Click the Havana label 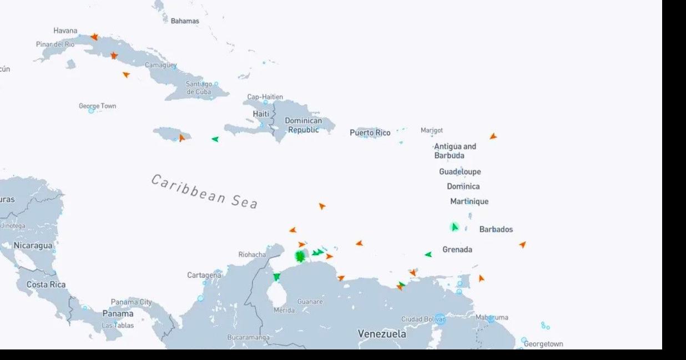(x=65, y=31)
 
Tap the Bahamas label (x=184, y=21)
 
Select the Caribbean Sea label (x=204, y=191)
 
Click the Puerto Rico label (x=370, y=133)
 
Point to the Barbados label (x=496, y=229)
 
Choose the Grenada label (x=457, y=250)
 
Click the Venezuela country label (x=381, y=334)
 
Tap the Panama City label (x=131, y=302)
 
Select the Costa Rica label (x=46, y=285)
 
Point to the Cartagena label (x=204, y=275)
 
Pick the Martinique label (x=469, y=201)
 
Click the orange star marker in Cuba (x=114, y=55)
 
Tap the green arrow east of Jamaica (x=215, y=139)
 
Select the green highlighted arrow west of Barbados (x=455, y=227)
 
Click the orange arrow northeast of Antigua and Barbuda (x=493, y=136)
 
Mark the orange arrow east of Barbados (x=522, y=244)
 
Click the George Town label (x=97, y=106)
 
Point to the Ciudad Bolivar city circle (x=440, y=319)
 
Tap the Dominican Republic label (x=303, y=125)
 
